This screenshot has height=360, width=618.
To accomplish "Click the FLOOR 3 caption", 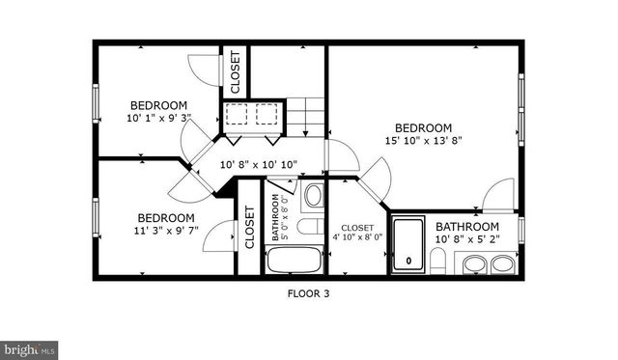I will (309, 292).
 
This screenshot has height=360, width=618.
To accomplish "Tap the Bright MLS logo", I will (30, 349).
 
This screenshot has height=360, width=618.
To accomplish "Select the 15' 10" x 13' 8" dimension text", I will (423, 141).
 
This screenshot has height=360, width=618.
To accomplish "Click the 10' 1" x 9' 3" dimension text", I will (159, 118).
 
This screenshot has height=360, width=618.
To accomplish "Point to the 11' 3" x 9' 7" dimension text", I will (165, 231).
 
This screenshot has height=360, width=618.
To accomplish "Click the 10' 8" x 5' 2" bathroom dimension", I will (473, 238).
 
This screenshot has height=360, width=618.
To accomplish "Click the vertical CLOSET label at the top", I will (235, 70).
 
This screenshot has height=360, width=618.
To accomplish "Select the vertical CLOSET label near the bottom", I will (249, 229).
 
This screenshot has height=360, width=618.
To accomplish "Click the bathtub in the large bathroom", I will (408, 246).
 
